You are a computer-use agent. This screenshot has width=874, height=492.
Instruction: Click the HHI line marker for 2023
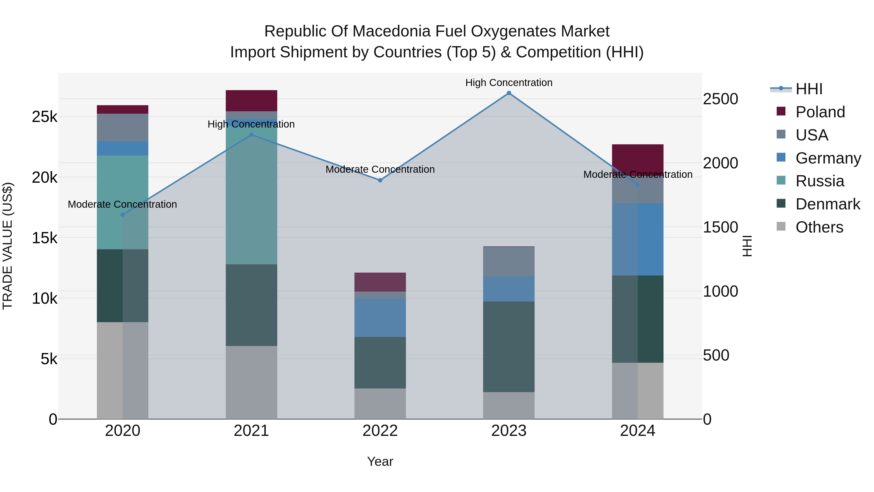509,93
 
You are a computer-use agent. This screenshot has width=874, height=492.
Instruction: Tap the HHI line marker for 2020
123,215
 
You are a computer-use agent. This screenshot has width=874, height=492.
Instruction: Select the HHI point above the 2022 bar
380,180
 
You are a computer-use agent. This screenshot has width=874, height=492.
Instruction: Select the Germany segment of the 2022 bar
380,318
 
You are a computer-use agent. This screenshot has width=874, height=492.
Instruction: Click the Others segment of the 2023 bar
509,406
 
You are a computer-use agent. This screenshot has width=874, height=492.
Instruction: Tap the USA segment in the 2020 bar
123,127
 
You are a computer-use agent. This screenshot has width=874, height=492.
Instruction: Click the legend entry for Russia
819,181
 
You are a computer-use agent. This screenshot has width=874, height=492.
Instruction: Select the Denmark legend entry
828,204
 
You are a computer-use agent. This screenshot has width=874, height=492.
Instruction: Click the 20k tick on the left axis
44,177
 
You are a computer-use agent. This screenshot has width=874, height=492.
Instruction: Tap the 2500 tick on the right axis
720,99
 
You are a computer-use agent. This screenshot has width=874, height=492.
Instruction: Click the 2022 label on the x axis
380,431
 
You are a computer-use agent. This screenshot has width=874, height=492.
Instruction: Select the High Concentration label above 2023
509,83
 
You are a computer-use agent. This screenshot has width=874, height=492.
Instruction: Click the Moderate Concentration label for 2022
380,169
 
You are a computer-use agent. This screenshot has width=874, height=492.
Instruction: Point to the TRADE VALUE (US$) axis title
8,246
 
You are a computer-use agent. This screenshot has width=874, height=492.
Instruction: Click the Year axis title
380,461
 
